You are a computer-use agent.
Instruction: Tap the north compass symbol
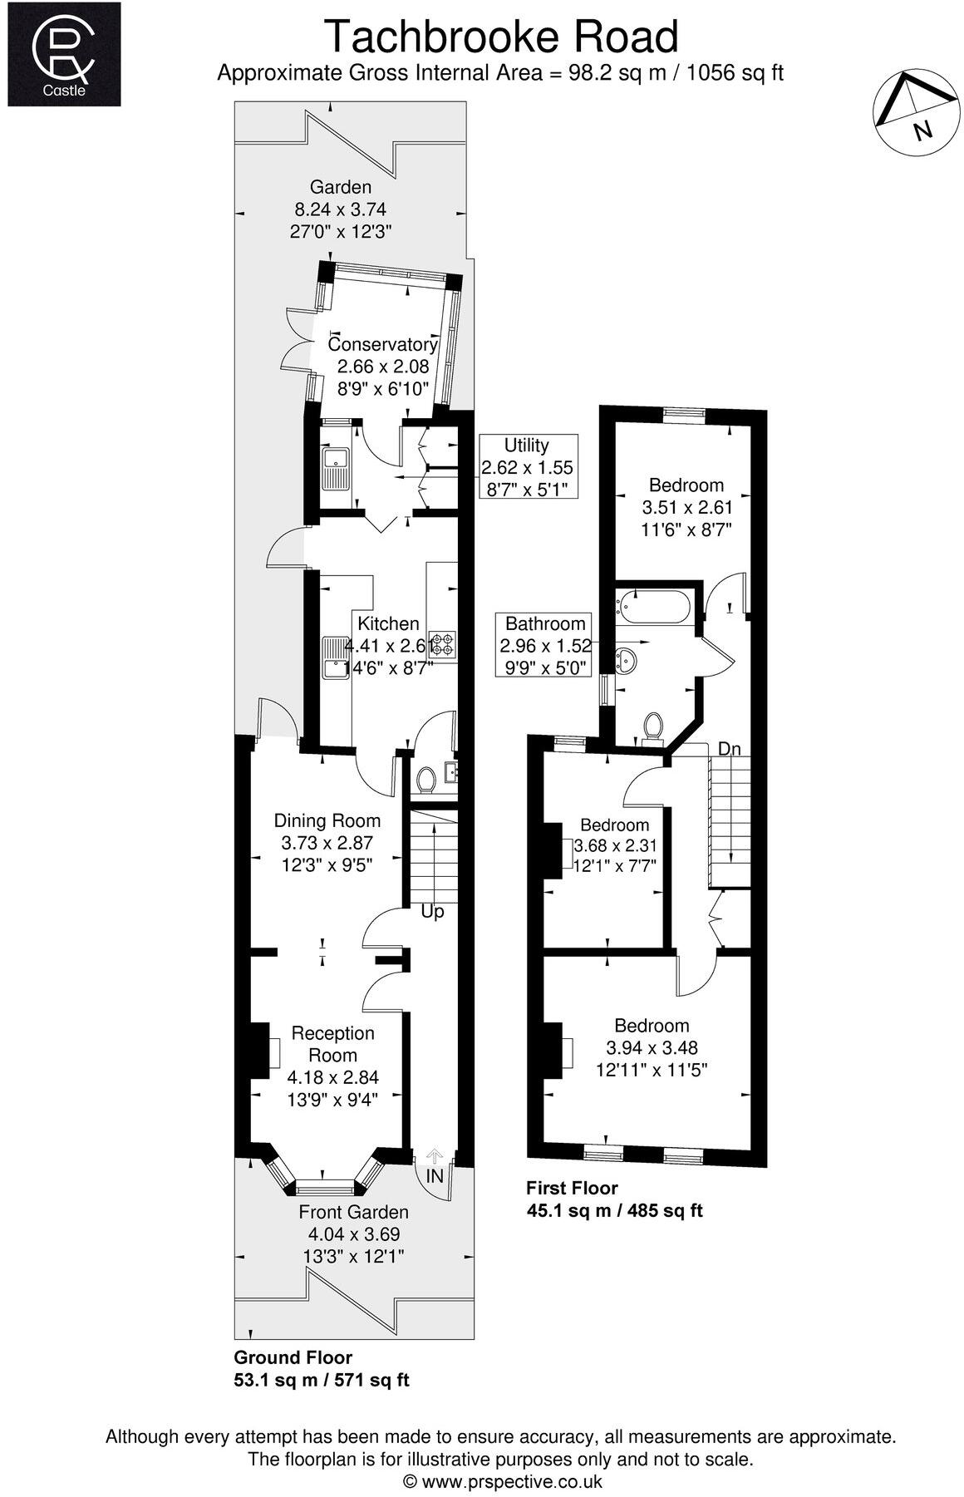(912, 112)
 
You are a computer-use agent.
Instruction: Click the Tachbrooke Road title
(501, 37)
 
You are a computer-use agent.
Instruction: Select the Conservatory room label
(382, 344)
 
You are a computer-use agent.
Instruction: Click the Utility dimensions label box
(527, 467)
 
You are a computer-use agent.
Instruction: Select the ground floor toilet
(426, 780)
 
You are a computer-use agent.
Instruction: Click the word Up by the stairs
(432, 912)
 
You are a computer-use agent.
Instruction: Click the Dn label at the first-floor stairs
(729, 749)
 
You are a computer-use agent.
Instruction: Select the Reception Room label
(332, 1044)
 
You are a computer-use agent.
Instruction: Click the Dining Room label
(327, 820)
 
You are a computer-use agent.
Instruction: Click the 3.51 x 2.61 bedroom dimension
(686, 507)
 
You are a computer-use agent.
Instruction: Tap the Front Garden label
(353, 1212)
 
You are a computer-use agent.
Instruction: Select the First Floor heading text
(572, 1188)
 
